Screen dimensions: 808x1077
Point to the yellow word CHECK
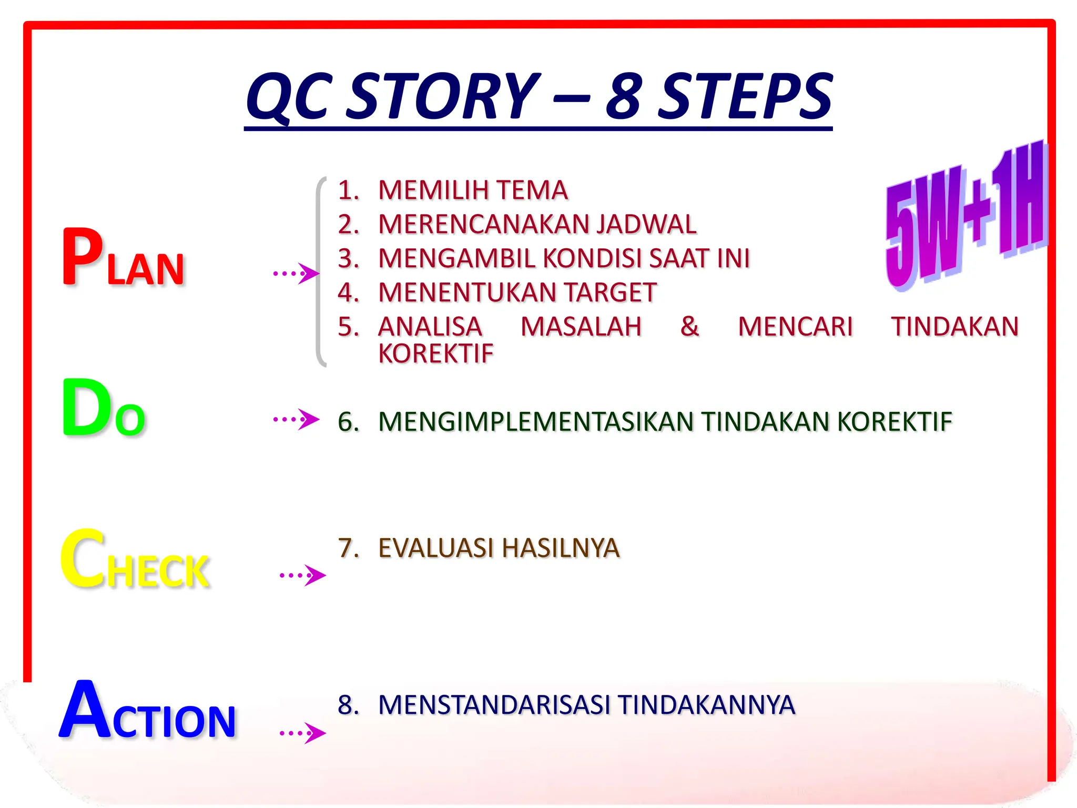(x=135, y=560)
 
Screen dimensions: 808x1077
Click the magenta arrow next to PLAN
(x=297, y=274)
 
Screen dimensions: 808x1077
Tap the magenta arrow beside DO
(x=297, y=419)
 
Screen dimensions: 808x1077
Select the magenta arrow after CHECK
(x=303, y=575)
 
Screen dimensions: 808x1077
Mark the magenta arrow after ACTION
(x=303, y=733)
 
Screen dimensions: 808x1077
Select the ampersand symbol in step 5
(x=689, y=327)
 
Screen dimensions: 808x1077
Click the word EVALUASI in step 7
(x=436, y=548)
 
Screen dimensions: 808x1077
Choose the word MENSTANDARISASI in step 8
(x=494, y=705)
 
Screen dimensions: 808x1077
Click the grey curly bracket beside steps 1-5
(x=319, y=272)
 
